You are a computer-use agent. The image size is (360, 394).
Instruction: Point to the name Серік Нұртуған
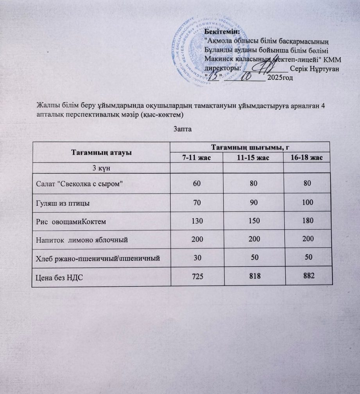click(314, 68)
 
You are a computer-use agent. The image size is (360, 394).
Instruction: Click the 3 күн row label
click(101, 167)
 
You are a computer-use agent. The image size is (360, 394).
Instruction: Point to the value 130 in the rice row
click(196, 221)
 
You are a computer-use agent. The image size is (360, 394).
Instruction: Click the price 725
click(196, 276)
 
